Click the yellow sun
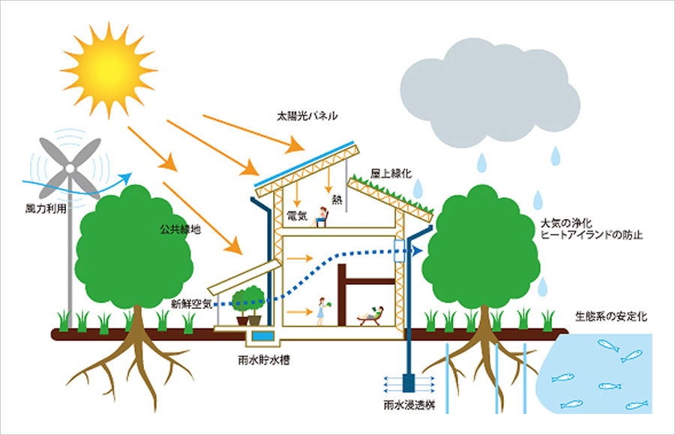pyautogui.click(x=109, y=69)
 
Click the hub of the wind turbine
pyautogui.click(x=69, y=169)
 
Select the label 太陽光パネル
pyautogui.click(x=307, y=115)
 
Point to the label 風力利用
pyautogui.click(x=46, y=209)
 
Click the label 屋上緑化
pyautogui.click(x=391, y=173)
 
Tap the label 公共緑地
pyautogui.click(x=180, y=229)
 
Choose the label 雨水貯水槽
pyautogui.click(x=263, y=360)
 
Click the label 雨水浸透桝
pyautogui.click(x=409, y=405)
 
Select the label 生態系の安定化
pyautogui.click(x=610, y=316)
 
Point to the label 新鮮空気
pyautogui.click(x=191, y=304)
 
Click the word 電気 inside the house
pyautogui.click(x=296, y=215)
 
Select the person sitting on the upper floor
pyautogui.click(x=321, y=217)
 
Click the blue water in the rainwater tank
pyautogui.click(x=263, y=335)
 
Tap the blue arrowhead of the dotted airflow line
pyautogui.click(x=415, y=250)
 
